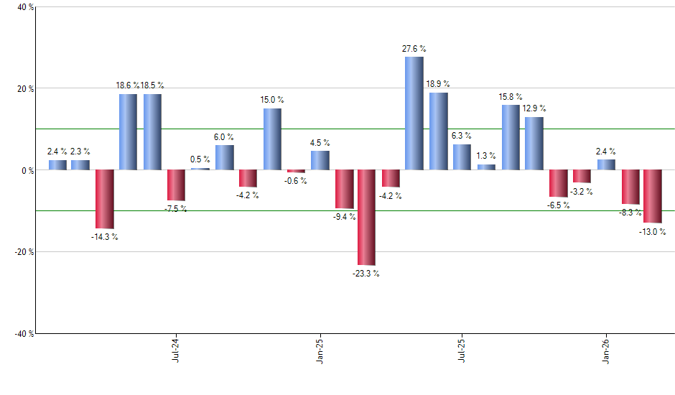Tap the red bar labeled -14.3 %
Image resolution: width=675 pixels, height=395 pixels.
click(105, 199)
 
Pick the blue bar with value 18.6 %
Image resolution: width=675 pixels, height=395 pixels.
click(128, 132)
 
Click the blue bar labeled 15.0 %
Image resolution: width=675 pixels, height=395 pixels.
click(272, 139)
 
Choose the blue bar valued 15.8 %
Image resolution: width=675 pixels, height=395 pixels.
click(511, 137)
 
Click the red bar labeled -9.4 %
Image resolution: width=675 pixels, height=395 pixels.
click(345, 189)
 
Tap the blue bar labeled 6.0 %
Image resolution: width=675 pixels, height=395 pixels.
click(225, 157)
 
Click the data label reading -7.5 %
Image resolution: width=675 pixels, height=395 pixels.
click(176, 209)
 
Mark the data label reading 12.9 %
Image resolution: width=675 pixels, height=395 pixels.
click(534, 108)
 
